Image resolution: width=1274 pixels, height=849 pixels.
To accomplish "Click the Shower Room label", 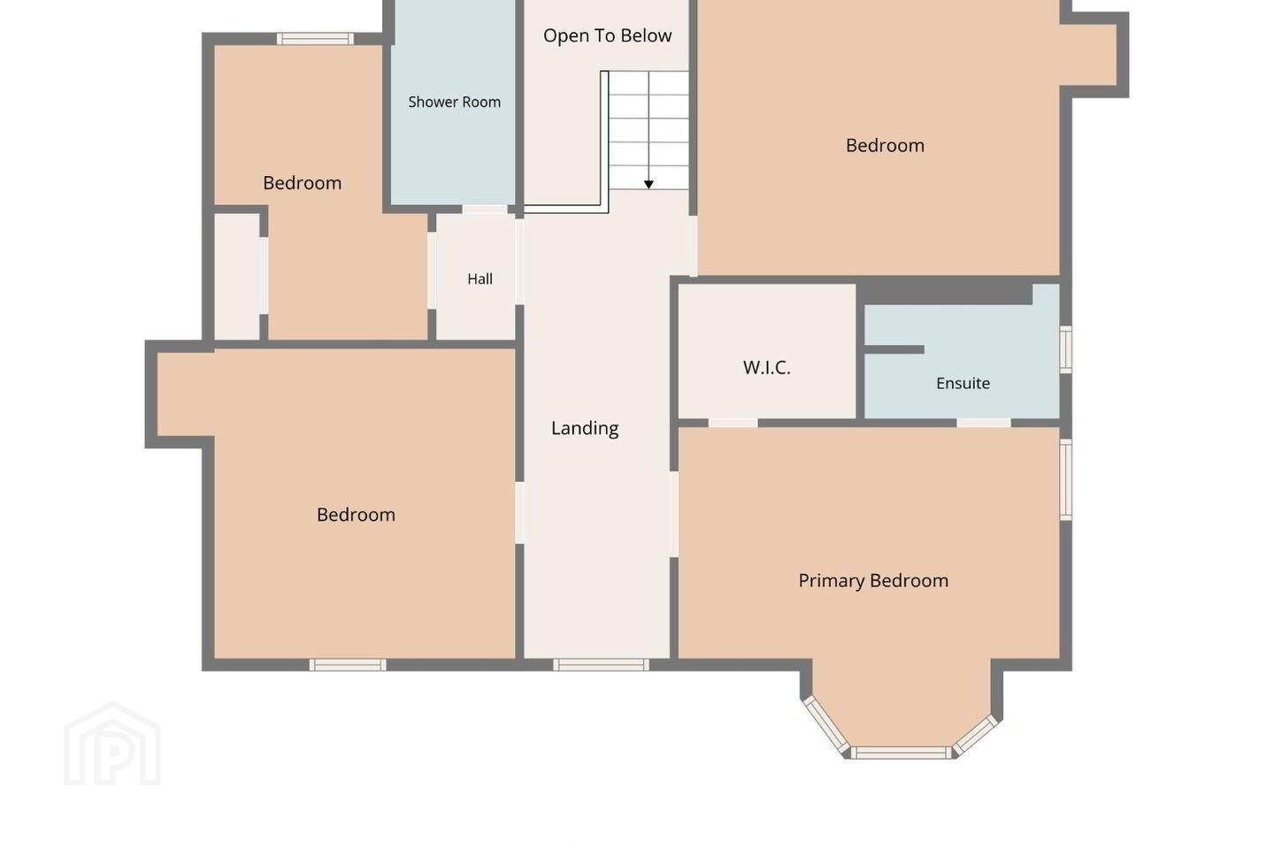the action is [455, 102].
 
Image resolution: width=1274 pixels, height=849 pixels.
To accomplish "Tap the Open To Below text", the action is [608, 35].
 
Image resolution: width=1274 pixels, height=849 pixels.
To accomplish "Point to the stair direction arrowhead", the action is [649, 184].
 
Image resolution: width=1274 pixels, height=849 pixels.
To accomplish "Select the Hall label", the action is [480, 279].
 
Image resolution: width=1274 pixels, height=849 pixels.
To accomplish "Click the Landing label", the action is [585, 428].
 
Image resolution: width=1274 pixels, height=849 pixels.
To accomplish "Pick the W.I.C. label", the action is [767, 367].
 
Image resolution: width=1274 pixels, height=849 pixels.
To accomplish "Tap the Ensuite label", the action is [963, 383].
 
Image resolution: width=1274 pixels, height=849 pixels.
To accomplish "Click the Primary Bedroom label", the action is [873, 581].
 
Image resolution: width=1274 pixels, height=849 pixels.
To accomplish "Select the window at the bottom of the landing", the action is [602, 665].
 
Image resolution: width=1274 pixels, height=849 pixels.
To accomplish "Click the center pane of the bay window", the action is [901, 753].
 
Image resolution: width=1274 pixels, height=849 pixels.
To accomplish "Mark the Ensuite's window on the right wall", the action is [1066, 349].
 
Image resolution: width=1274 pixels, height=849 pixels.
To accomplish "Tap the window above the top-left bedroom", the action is [315, 39].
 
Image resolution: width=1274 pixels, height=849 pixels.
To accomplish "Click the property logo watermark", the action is [112, 744].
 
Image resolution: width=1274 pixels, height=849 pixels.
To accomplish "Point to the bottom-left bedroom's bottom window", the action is [348, 665].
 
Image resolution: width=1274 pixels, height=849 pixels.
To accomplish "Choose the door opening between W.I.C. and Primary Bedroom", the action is [733, 423].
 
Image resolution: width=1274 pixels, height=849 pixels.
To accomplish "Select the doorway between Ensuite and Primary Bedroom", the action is [984, 423].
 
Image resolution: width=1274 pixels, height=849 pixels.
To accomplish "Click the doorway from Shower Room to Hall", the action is [485, 210].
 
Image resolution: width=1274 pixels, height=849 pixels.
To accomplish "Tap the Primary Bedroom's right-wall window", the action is [1066, 479].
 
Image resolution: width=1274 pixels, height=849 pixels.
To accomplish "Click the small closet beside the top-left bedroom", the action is [236, 276].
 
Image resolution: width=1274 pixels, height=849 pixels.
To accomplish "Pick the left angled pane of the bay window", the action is [826, 725].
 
